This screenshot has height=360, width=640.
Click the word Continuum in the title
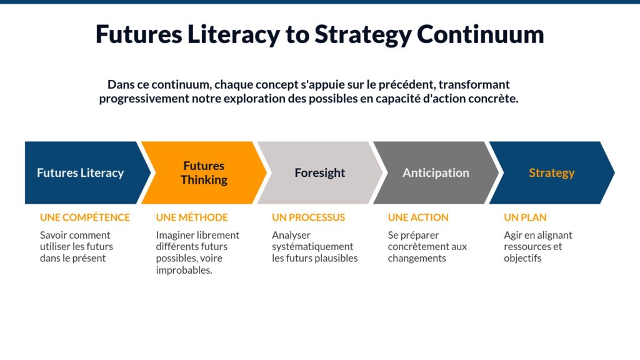(x=481, y=34)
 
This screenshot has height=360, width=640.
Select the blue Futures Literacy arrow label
(x=80, y=173)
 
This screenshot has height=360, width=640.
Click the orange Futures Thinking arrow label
(x=204, y=172)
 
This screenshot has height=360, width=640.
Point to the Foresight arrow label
(x=319, y=173)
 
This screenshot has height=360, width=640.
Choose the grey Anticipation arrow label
(x=436, y=173)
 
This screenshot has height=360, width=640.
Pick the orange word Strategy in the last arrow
(x=551, y=173)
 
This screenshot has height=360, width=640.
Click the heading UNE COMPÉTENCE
(x=85, y=217)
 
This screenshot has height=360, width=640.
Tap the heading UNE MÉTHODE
(x=192, y=217)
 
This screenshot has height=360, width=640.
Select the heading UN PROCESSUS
(x=308, y=217)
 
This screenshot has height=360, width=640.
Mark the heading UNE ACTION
(x=418, y=217)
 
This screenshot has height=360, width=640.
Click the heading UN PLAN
(x=525, y=217)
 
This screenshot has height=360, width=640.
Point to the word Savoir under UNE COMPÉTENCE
(x=54, y=235)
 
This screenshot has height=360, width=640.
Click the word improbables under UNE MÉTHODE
(x=184, y=269)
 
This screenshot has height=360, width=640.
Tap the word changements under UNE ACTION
(x=417, y=258)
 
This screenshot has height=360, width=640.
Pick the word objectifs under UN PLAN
(x=522, y=258)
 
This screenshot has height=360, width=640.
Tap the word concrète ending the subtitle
(x=497, y=99)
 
